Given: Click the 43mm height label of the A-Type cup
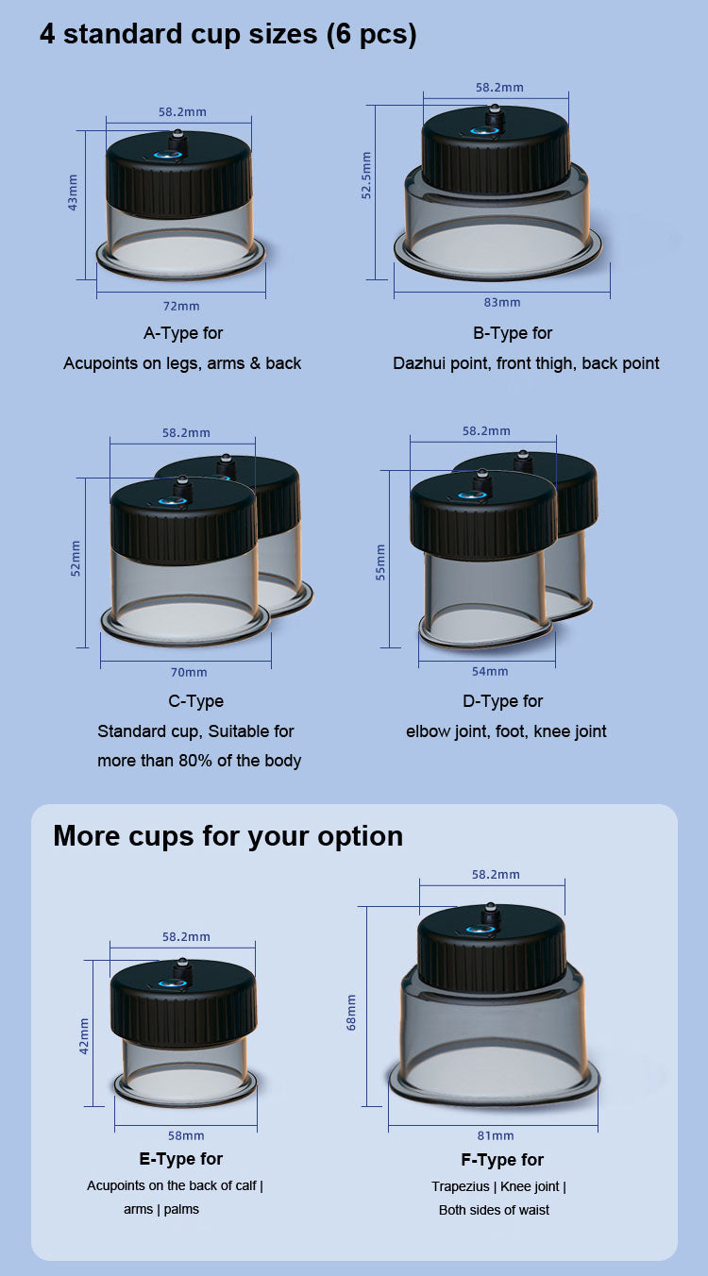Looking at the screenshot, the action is [73, 193].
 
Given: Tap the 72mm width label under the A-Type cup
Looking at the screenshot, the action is [181, 306].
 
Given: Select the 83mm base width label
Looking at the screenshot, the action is [502, 302].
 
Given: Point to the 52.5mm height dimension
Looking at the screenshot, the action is [366, 176].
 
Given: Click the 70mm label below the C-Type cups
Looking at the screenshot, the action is [189, 672].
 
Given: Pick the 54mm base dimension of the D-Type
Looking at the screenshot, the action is [490, 671].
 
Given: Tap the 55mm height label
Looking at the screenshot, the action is [380, 562].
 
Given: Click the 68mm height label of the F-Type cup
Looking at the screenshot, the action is [351, 1013].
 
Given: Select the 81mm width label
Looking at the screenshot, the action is [496, 1136].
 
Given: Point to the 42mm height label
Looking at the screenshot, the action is [84, 1036].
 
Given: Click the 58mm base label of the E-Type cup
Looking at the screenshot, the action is [186, 1136].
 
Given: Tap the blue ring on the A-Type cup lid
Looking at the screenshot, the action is [168, 155].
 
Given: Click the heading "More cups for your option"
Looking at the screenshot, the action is [228, 836].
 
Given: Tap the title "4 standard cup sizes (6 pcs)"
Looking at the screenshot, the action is [228, 34].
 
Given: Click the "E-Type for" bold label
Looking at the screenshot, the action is [181, 1159].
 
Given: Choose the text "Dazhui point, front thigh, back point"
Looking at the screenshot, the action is [526, 363].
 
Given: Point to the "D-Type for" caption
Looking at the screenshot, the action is [502, 701].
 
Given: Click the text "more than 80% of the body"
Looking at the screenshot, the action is [199, 761].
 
